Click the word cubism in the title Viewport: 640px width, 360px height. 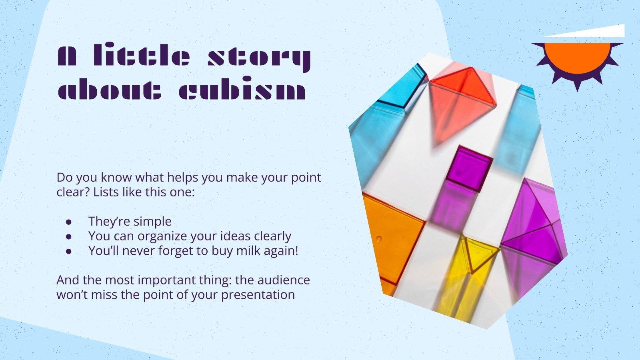pos(242,91)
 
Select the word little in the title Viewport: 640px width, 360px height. pos(142,56)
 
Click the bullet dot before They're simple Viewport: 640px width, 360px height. pos(69,222)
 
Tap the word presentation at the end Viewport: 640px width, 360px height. pos(258,295)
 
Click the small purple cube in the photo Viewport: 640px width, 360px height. pos(469,168)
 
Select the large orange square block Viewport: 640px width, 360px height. pos(390,236)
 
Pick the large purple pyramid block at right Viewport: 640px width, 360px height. pos(534,224)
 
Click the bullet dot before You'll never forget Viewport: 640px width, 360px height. pos(69,251)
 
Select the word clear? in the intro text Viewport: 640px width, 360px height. pos(73,192)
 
